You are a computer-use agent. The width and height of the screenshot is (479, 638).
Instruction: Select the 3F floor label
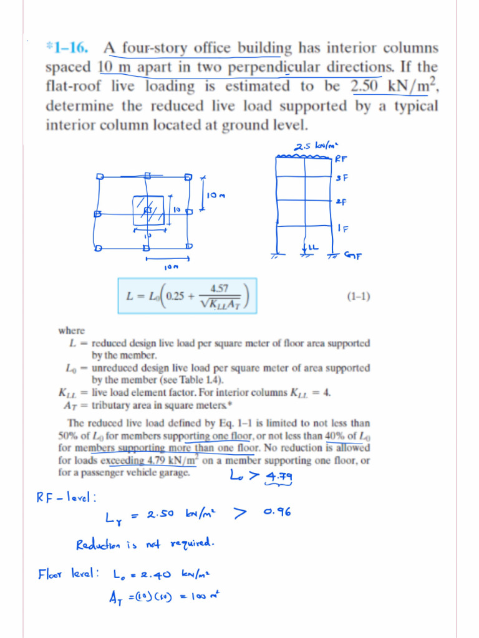[x=341, y=178]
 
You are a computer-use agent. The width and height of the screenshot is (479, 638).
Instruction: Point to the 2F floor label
[x=341, y=202]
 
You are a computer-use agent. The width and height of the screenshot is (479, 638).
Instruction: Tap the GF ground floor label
[x=353, y=255]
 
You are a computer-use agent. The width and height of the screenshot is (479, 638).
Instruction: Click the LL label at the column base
[x=312, y=248]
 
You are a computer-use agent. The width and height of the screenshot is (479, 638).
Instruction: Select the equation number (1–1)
[x=358, y=297]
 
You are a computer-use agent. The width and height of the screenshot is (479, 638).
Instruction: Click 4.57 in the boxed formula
[x=219, y=288]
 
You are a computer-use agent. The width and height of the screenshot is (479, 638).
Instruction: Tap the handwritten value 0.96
[x=278, y=512]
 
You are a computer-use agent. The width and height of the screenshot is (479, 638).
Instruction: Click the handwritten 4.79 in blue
[x=279, y=477]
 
